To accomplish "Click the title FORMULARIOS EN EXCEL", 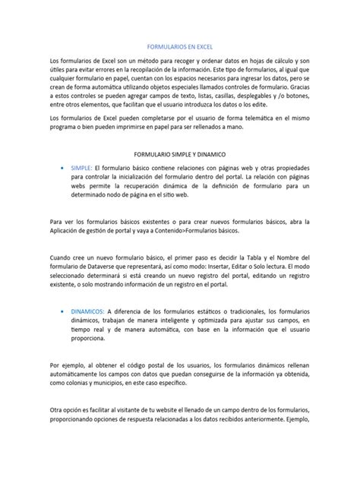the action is pyautogui.click(x=179, y=46).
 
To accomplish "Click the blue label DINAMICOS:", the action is pyautogui.click(x=87, y=311).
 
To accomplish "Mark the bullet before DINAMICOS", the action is pyautogui.click(x=60, y=311).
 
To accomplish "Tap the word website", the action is pyautogui.click(x=185, y=410).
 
